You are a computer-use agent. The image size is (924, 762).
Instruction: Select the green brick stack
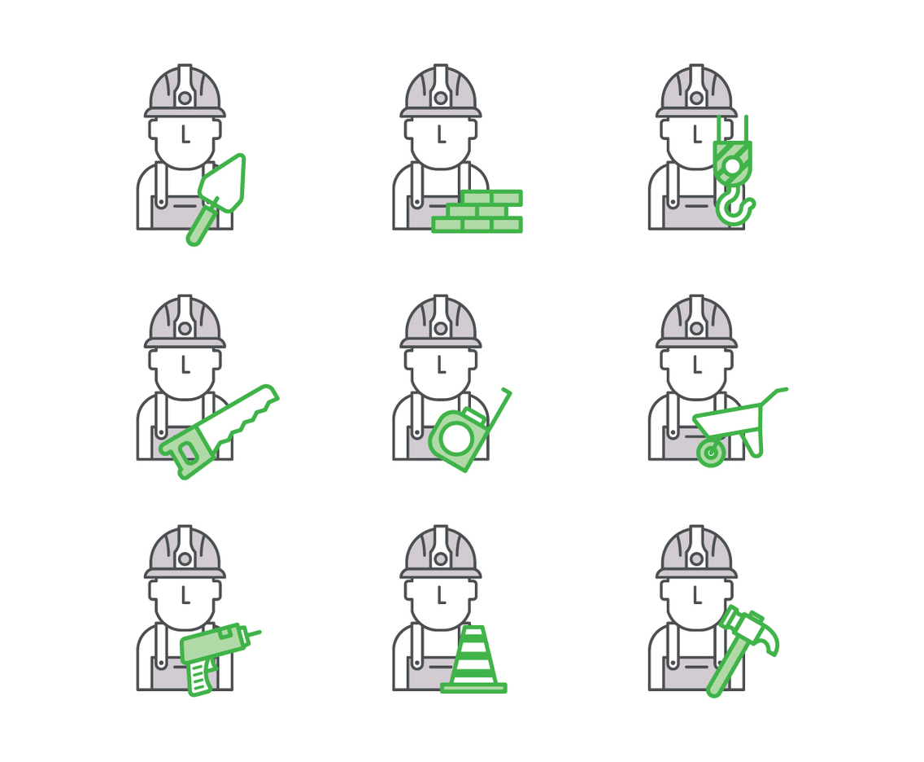coord(477,212)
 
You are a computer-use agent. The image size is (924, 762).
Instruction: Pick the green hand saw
coord(220,429)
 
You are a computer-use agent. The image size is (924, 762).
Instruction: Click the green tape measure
coord(458,438)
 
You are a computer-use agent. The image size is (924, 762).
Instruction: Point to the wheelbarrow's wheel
coord(711,452)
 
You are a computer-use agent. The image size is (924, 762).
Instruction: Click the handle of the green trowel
coord(201,226)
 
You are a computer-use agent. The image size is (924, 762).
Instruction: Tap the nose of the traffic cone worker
coord(440,597)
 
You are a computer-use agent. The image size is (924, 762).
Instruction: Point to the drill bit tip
coord(258,632)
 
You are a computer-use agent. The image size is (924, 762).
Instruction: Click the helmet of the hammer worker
coord(696,552)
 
